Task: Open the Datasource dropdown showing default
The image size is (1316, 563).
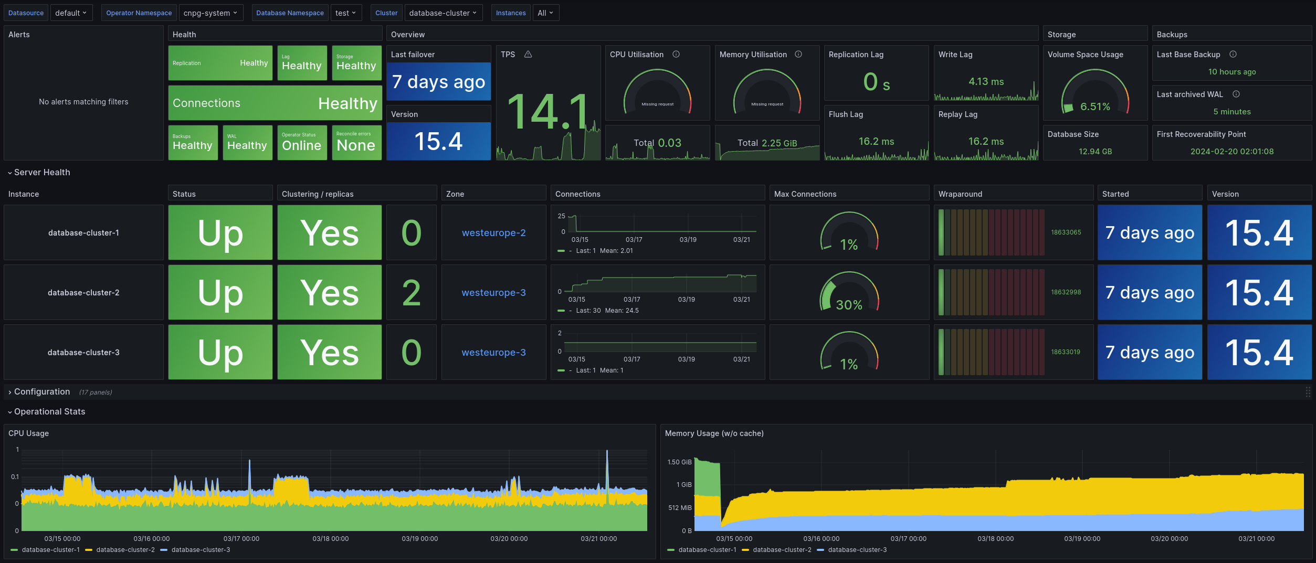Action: [70, 13]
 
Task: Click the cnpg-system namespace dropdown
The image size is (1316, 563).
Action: [210, 13]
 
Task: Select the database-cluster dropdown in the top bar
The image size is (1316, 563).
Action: [443, 13]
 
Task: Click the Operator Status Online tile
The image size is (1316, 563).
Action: [302, 142]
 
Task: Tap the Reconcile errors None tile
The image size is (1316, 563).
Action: [356, 142]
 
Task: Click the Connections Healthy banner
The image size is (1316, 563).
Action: [275, 103]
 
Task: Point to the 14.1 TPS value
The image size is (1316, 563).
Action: [548, 111]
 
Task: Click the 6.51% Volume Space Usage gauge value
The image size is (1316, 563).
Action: [1095, 107]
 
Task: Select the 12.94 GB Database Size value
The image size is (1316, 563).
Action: [1095, 151]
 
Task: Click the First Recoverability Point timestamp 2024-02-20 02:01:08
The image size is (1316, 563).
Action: [1231, 151]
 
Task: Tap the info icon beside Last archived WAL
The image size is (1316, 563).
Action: [1236, 94]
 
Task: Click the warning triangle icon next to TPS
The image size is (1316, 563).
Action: [528, 54]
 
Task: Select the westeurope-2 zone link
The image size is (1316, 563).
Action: [493, 232]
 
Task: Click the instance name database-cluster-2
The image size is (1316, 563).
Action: [83, 292]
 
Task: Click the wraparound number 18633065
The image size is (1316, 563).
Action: [1066, 232]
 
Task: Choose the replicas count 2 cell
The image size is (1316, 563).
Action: [412, 292]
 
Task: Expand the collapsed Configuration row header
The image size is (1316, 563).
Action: [42, 391]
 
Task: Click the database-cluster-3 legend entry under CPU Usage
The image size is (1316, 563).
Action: [200, 549]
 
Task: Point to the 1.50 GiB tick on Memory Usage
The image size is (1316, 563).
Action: [679, 462]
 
